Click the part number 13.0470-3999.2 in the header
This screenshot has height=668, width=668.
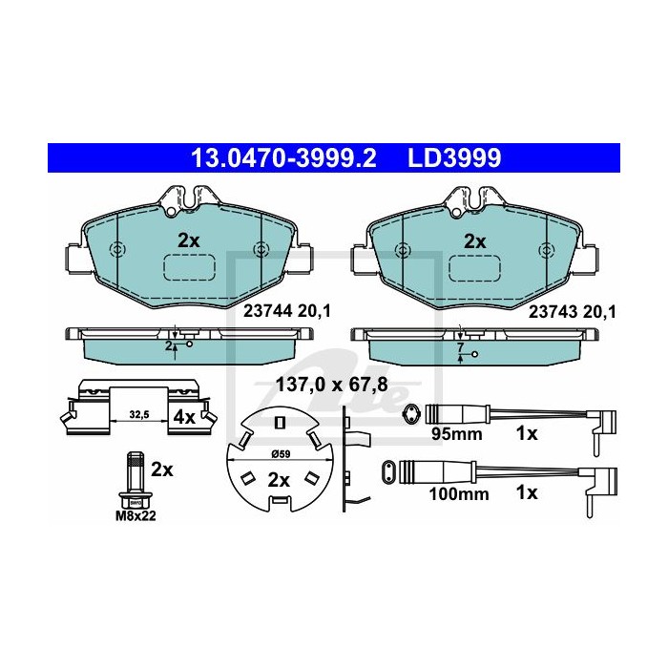(283, 158)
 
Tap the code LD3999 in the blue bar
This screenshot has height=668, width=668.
(454, 158)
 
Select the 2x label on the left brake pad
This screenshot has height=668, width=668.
(188, 241)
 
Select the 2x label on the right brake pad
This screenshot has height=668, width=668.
(474, 241)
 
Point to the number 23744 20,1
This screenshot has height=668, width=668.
(286, 311)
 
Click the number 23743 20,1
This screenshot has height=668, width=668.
(573, 312)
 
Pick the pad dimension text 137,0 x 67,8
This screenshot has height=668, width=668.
(332, 385)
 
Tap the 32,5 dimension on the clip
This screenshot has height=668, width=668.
(139, 414)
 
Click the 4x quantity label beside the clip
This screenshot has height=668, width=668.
(184, 417)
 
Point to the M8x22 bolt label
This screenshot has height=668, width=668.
(136, 516)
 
